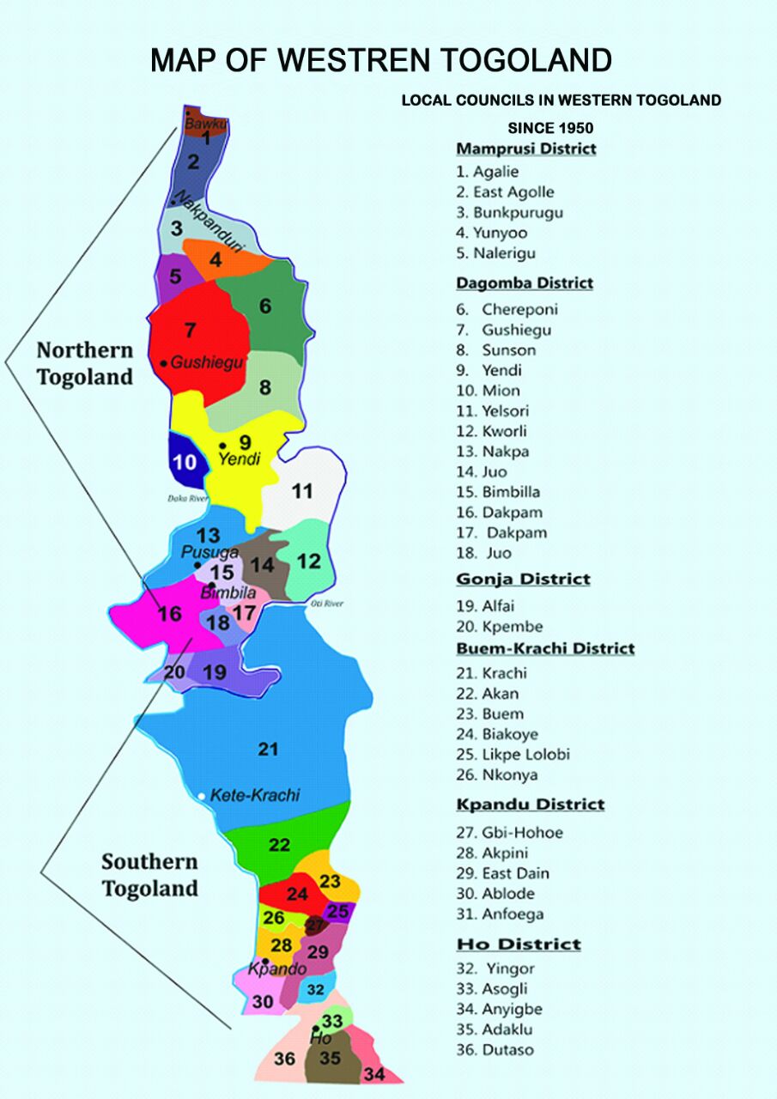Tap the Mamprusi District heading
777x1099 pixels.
pos(525,149)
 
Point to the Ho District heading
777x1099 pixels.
pos(519,944)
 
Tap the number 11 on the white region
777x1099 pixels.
pos(301,492)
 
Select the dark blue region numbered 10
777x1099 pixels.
pos(185,461)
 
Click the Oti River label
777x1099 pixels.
pos(326,604)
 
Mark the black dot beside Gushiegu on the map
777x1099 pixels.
pos(164,363)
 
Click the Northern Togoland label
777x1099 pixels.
pos(84,363)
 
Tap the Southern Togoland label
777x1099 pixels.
pos(150,874)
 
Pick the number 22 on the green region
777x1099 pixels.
pos(279,845)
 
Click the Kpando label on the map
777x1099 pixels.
pos(276,969)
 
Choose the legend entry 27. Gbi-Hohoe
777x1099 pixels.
pos(509,832)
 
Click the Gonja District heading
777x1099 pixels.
pos(523,579)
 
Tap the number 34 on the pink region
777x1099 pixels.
pos(373,1073)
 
